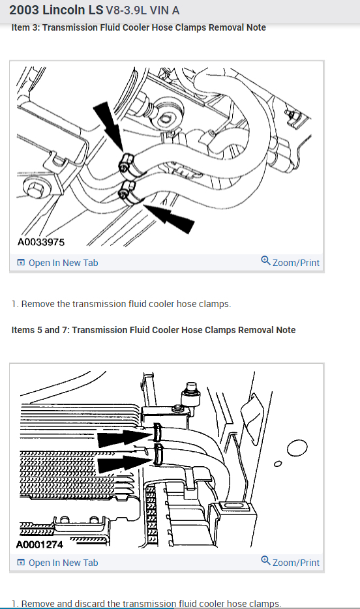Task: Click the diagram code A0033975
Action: (41, 242)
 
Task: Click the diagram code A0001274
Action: (40, 544)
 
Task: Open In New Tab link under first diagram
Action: (57, 263)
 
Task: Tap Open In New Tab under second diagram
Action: (57, 563)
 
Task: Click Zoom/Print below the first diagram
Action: (290, 262)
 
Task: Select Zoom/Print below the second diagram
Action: (290, 562)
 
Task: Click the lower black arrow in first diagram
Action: (169, 216)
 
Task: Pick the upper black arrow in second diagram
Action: (125, 438)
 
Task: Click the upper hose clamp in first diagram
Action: (127, 163)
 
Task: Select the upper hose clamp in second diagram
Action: (158, 433)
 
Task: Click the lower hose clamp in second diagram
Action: (158, 454)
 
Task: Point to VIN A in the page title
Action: (164, 10)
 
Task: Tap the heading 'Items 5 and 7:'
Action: (40, 330)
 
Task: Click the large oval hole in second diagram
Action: (297, 447)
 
